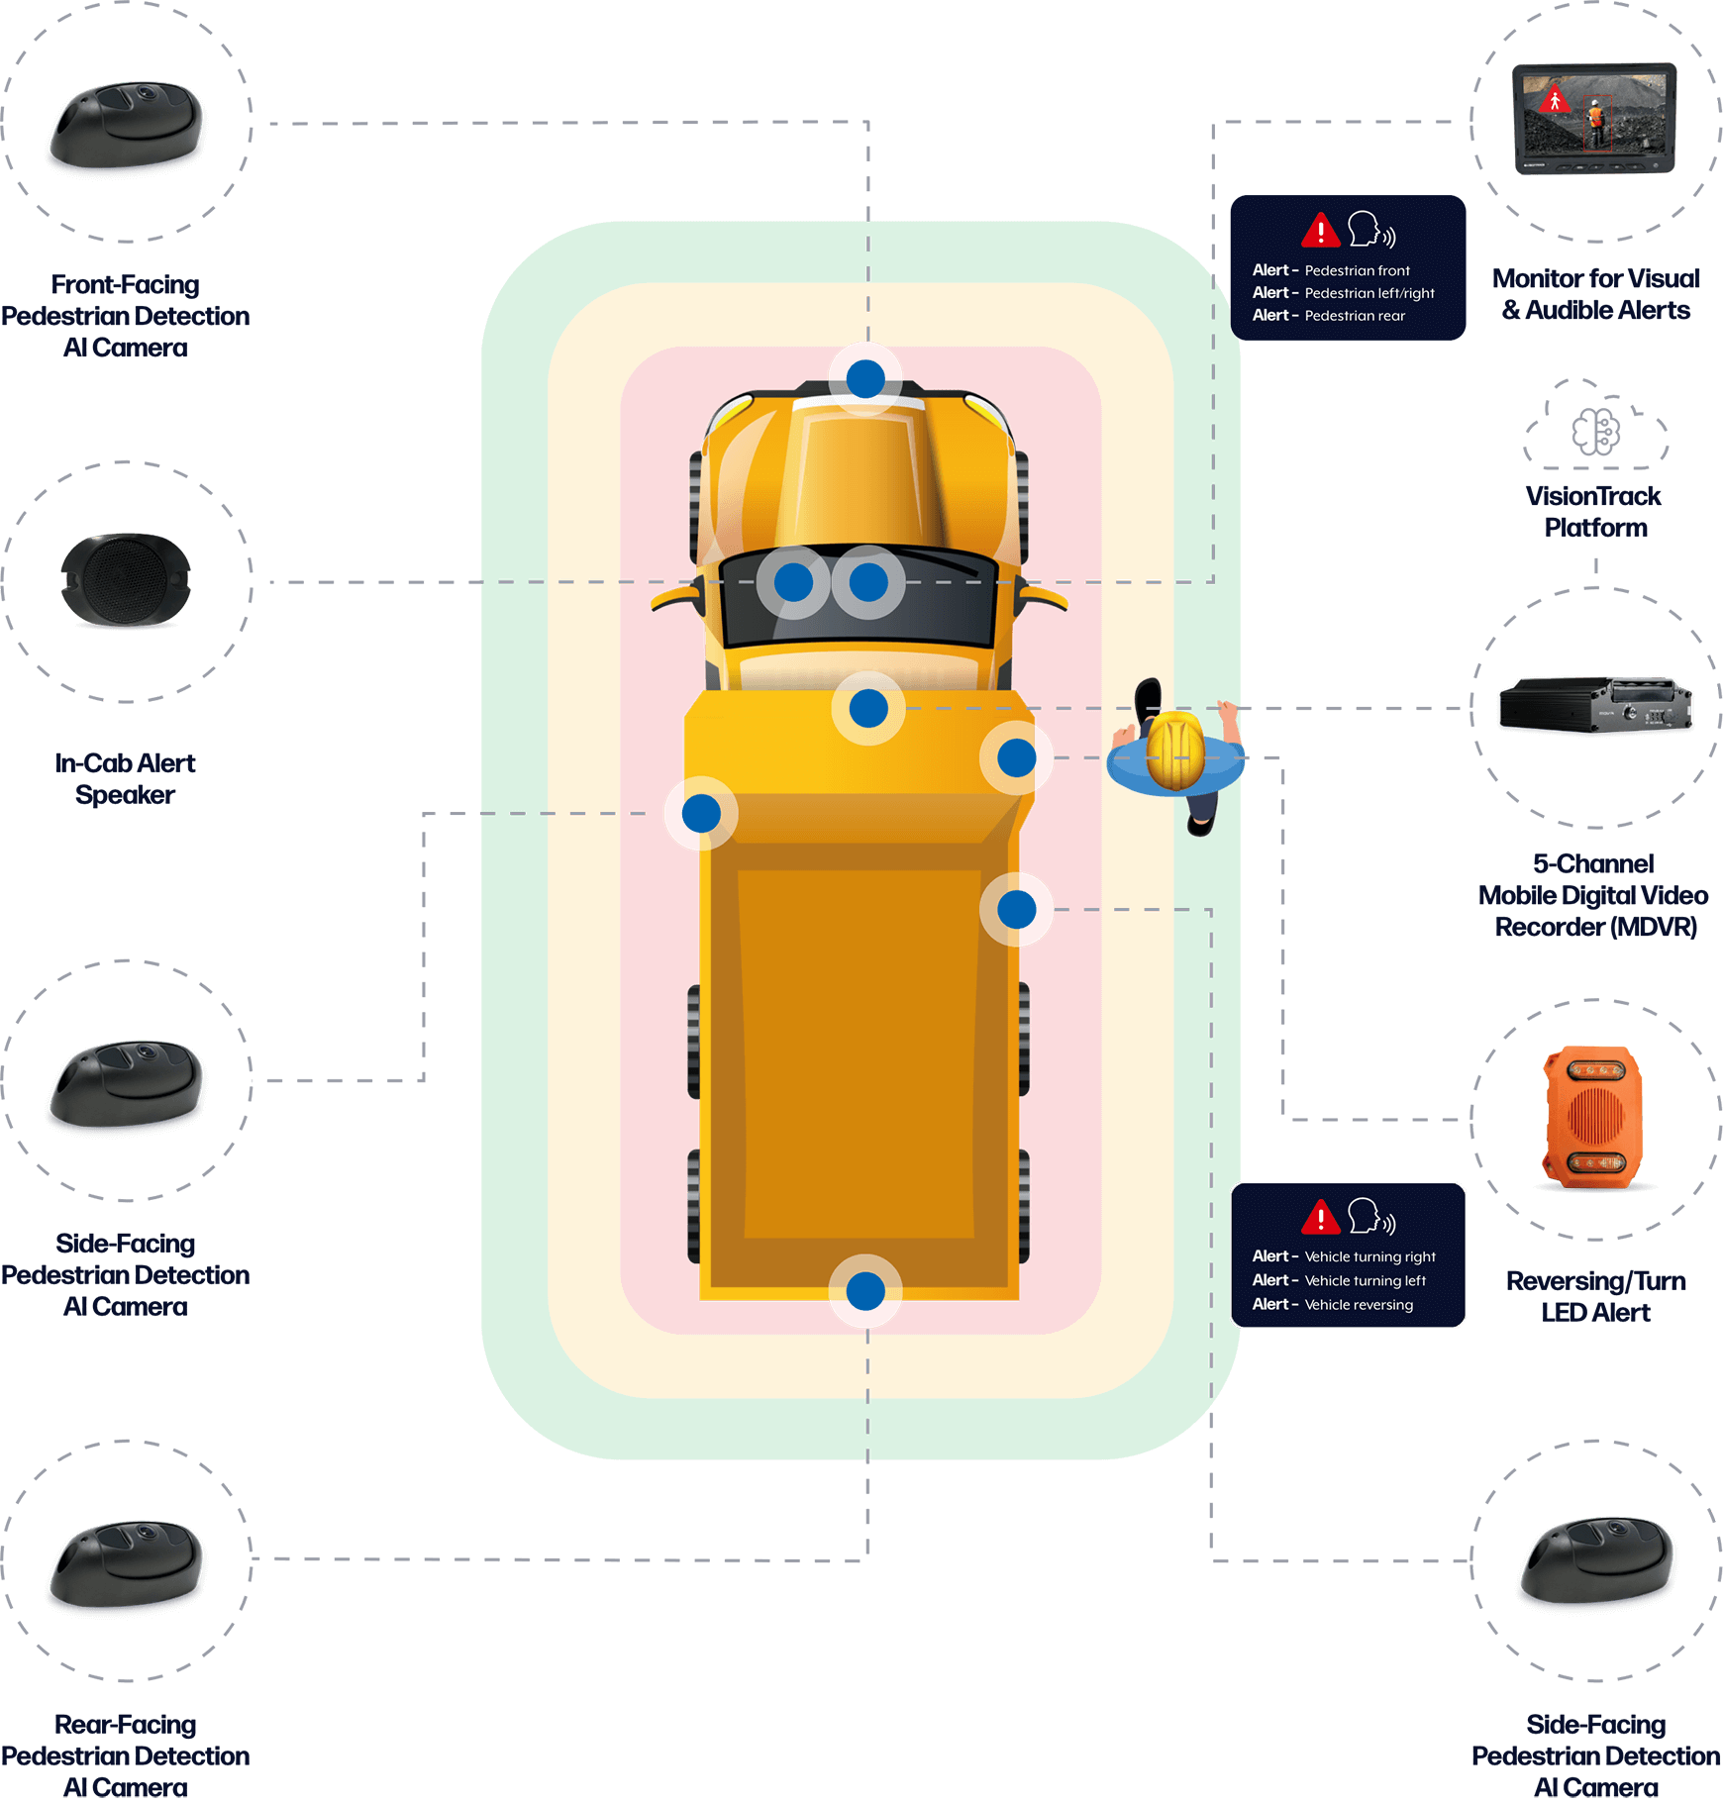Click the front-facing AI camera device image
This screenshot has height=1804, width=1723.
point(127,126)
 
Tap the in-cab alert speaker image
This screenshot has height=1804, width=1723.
point(126,581)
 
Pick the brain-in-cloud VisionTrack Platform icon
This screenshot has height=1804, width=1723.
point(1595,430)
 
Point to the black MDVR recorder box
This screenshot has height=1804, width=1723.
point(1595,706)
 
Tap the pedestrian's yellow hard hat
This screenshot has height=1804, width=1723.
point(1175,752)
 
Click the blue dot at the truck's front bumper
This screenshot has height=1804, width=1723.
point(865,378)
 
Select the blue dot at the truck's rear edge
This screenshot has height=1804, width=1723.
point(865,1291)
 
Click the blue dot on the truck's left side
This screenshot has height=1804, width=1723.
point(701,814)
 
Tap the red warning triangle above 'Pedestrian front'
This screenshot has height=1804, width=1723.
point(1320,231)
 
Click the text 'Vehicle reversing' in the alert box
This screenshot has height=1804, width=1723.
point(1359,1305)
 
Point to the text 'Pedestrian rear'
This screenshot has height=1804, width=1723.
point(1355,316)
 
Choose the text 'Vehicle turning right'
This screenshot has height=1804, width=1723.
point(1369,1256)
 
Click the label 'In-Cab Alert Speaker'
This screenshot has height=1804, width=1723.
point(126,778)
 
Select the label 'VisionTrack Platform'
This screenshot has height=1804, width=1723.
point(1594,511)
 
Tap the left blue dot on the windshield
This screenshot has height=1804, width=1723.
point(793,582)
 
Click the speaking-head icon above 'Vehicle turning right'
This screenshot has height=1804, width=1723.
point(1370,1216)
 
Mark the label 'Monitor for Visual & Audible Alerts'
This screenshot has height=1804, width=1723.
point(1595,294)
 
